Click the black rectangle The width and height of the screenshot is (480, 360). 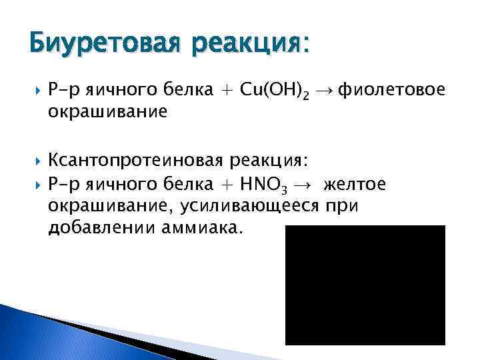(365, 285)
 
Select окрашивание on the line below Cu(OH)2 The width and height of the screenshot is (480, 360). (107, 113)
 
